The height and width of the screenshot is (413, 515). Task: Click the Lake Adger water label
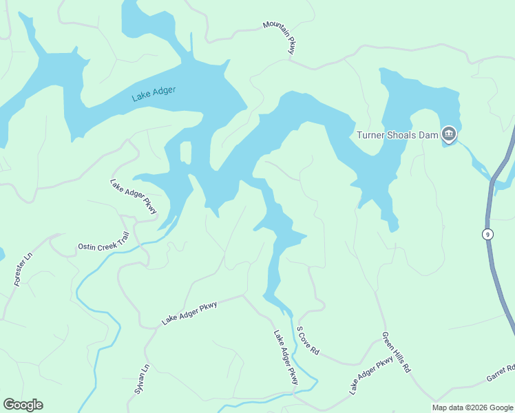coord(154,94)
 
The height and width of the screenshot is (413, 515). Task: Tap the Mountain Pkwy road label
coord(279,36)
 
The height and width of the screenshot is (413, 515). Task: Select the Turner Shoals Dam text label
coord(397,135)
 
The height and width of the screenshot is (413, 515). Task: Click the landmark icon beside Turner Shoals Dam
coord(449,134)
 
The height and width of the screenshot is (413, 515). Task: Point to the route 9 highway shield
coord(487,234)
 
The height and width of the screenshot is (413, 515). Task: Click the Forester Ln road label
coord(23,269)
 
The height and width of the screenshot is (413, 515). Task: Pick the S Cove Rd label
coord(308,340)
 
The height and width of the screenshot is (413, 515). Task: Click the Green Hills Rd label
coord(396,352)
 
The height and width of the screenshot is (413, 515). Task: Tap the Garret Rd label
coord(501,372)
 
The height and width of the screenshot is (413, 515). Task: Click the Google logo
coord(23,405)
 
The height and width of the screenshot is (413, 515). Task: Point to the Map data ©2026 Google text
coord(472,407)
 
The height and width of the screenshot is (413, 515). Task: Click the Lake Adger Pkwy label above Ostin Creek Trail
coord(134,196)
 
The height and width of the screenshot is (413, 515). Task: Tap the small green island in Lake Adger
coord(185,152)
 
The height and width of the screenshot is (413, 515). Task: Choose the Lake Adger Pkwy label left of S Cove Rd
coord(286,357)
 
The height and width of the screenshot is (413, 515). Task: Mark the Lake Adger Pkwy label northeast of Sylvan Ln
coord(189,313)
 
